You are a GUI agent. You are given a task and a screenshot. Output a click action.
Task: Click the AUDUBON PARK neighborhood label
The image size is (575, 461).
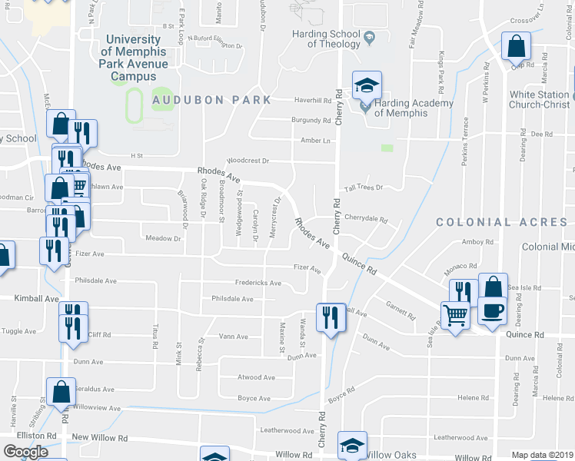(211, 100)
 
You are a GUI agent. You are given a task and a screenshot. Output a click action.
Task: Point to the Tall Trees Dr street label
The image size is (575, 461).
(363, 187)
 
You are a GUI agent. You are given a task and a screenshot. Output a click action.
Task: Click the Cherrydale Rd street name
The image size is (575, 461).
(365, 218)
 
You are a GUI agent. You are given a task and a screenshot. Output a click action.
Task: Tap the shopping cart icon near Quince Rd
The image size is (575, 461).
(456, 313)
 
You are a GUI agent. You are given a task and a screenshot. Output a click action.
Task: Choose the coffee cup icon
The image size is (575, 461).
(493, 311)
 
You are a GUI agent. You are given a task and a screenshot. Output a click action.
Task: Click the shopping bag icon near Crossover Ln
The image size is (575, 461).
(517, 46)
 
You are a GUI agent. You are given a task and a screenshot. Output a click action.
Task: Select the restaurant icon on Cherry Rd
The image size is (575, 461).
(331, 316)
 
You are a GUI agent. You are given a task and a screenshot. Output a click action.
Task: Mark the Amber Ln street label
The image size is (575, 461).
(315, 141)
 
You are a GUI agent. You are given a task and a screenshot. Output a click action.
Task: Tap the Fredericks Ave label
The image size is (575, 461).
(258, 283)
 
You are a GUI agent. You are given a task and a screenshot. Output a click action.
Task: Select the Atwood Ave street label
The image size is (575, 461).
(256, 377)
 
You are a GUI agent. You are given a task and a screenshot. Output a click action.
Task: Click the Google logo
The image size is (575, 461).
(25, 451)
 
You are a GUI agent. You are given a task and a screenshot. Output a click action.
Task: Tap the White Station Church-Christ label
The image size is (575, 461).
(540, 100)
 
